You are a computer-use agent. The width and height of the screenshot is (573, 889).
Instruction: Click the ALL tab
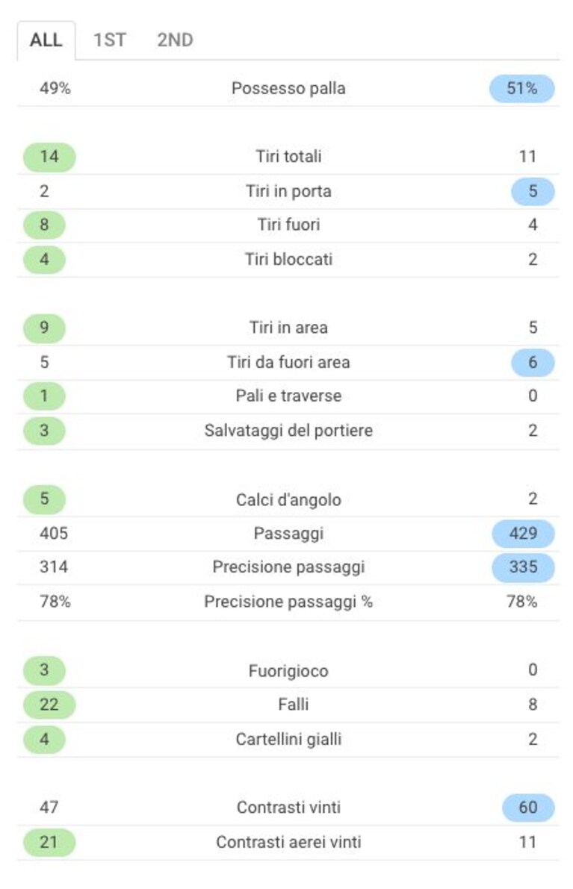pos(46,40)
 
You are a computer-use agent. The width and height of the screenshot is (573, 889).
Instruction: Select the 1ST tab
pos(110,40)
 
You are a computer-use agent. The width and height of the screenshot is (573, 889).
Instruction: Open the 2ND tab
pos(176,40)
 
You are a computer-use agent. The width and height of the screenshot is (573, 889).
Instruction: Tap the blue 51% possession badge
pos(522,88)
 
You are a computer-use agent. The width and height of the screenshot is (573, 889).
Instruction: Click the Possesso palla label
pos(288,88)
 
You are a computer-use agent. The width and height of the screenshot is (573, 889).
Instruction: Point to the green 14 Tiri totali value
pos(49,157)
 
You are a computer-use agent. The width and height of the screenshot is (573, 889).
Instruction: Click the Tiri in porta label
pos(288,191)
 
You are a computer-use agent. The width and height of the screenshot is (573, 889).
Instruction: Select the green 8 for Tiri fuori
pos(44,225)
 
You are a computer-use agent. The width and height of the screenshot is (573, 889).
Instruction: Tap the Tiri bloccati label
pos(288,259)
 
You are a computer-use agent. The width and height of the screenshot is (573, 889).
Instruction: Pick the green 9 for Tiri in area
pos(44,328)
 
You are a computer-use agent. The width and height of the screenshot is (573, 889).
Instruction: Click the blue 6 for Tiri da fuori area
pos(533,362)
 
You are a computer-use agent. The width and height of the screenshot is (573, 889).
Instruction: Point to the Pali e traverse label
pos(288,396)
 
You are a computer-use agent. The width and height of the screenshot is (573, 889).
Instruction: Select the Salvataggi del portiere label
pos(288,431)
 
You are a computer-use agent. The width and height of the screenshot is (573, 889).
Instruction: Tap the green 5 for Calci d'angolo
pos(44,499)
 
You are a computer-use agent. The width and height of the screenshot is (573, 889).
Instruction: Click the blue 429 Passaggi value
pos(523,534)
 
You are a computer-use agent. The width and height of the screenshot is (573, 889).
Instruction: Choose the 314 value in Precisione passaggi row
pos(54,567)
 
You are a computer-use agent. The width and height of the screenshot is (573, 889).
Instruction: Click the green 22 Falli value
pos(49,705)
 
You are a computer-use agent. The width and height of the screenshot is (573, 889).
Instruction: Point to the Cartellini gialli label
pos(288,739)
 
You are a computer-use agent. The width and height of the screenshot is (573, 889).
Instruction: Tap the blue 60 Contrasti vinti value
pos(528,808)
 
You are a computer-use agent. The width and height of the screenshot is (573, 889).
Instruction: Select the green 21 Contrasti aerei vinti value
pos(49,843)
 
